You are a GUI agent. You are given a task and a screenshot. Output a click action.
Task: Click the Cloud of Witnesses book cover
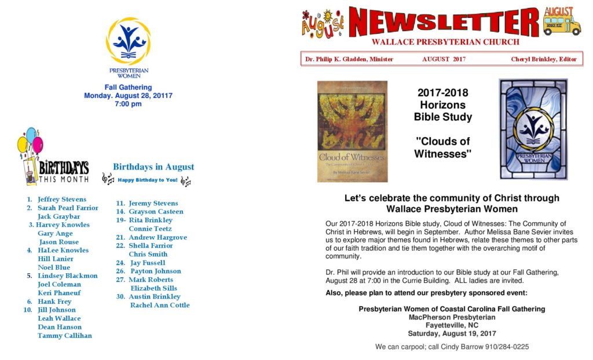click(352, 131)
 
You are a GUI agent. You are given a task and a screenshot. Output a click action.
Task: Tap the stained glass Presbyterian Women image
click(533, 129)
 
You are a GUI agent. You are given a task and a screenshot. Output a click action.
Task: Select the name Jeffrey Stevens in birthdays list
click(62, 199)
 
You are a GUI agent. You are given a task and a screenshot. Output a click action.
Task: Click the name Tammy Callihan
click(64, 336)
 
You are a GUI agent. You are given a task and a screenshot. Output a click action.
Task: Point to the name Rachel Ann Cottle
click(159, 305)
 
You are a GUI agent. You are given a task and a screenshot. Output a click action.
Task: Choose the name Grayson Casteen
click(156, 212)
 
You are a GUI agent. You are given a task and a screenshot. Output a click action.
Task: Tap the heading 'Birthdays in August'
click(153, 167)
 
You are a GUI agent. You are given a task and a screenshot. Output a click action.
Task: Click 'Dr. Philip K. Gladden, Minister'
click(349, 59)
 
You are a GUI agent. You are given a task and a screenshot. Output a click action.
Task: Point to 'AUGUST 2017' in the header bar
click(444, 59)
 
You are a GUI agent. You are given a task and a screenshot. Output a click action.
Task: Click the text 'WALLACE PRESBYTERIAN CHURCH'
click(445, 42)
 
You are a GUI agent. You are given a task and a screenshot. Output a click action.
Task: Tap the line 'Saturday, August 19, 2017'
click(452, 333)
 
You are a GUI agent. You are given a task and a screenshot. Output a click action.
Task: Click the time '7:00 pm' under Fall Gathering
click(128, 104)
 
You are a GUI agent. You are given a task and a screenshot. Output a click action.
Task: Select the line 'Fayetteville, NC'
click(452, 325)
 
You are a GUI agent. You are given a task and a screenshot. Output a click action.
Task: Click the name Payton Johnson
click(156, 271)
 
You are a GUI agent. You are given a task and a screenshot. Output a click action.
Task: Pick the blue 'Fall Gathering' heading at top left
click(128, 87)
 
